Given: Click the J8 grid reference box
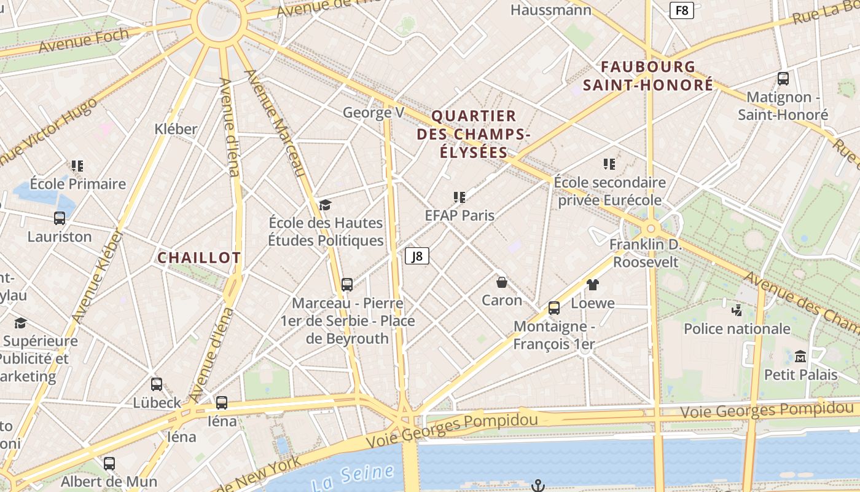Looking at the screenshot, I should [x=417, y=256].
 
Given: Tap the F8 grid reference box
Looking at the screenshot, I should [x=682, y=10].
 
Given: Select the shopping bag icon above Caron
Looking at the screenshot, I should [x=502, y=282].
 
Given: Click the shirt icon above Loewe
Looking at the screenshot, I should [x=593, y=284].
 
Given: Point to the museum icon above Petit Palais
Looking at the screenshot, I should [x=800, y=356].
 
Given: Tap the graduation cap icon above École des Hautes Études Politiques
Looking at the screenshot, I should [x=325, y=205].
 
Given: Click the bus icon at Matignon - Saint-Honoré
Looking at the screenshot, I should [x=783, y=79].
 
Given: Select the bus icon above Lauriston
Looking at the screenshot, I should [x=60, y=218].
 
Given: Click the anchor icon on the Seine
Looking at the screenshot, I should [x=538, y=486].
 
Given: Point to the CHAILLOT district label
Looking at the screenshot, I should [x=199, y=258].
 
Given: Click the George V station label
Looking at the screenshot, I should [x=373, y=113].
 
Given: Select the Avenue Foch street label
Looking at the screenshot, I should [x=84, y=41].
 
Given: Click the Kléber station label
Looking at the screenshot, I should [x=176, y=129].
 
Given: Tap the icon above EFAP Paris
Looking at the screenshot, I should [x=459, y=197].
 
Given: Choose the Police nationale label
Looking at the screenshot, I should [x=737, y=328].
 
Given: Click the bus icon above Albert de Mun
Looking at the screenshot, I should [x=109, y=464].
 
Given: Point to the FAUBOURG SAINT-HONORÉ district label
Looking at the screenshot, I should [x=648, y=76].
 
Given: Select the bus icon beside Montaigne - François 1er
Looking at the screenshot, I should [x=554, y=308].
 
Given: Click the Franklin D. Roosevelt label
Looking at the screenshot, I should [x=645, y=253].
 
